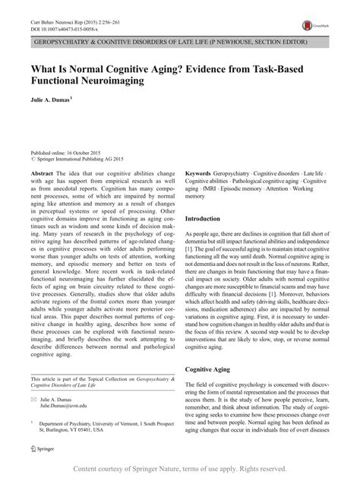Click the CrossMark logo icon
coord(307,24)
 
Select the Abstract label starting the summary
coord(43,174)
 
